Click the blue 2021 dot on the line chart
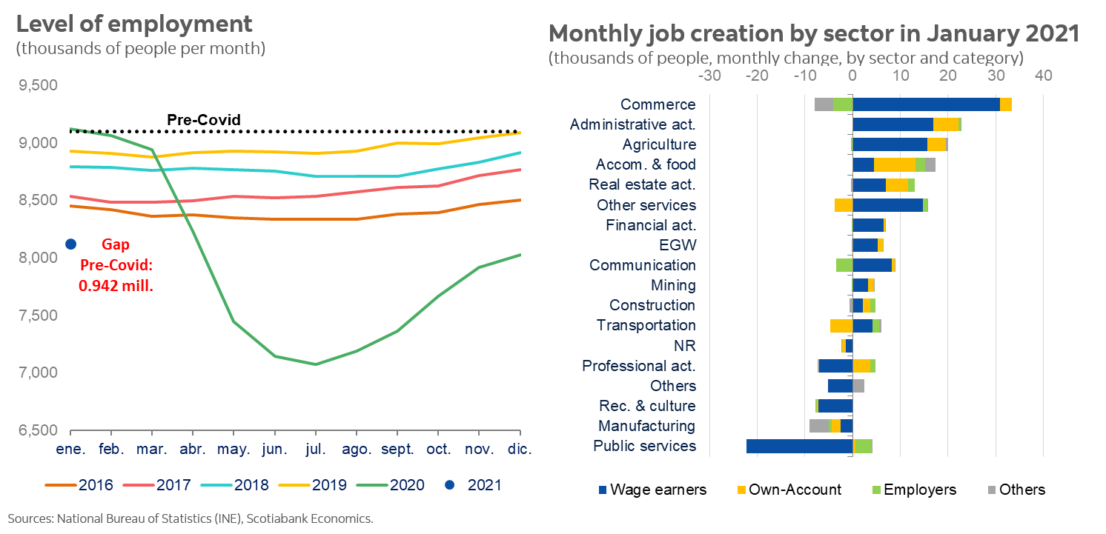point(71,244)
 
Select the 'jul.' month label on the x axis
point(316,449)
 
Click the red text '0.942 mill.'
point(116,284)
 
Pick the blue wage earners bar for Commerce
point(926,104)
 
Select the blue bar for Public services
point(799,446)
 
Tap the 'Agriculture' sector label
point(659,144)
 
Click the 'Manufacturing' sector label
point(646,426)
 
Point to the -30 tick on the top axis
point(709,76)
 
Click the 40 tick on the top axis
point(1044,76)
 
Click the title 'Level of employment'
point(134,24)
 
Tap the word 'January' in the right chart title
point(913,34)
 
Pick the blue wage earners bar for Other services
point(887,205)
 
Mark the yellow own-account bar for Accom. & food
point(895,164)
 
